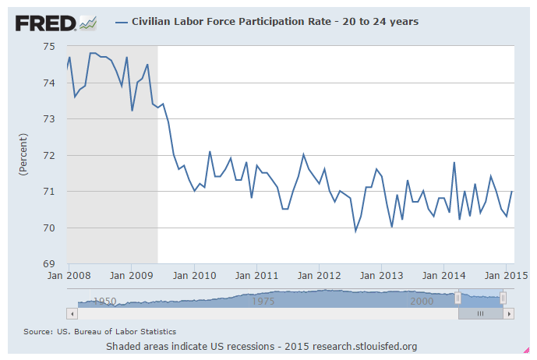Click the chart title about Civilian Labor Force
click(x=273, y=22)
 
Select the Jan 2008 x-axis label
click(x=68, y=275)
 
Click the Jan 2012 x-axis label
click(x=319, y=275)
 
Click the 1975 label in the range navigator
click(x=264, y=301)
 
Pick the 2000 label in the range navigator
click(x=422, y=301)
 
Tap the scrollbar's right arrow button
click(x=509, y=313)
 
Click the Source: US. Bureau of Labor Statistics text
click(x=100, y=332)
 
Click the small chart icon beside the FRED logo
click(x=88, y=23)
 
